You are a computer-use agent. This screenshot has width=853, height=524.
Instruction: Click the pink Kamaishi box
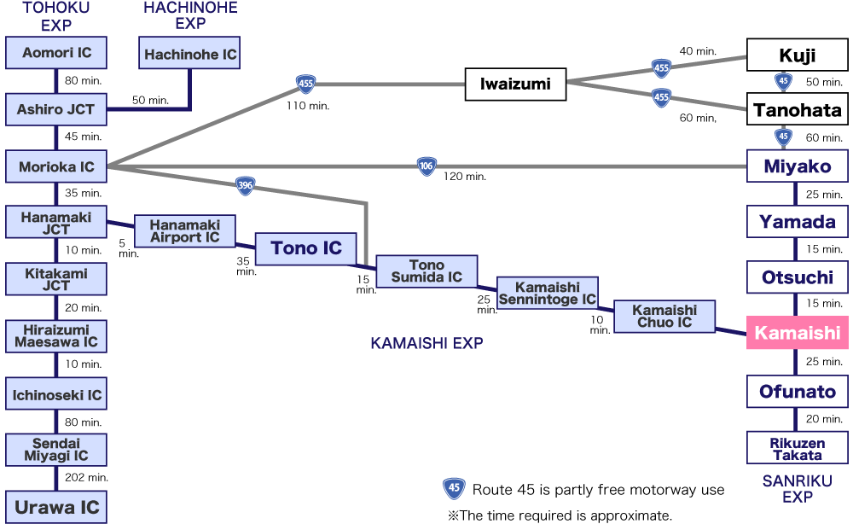tap(797, 332)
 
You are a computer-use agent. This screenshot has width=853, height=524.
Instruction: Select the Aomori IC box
tap(56, 53)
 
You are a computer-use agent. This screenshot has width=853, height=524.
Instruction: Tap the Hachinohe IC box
tap(190, 55)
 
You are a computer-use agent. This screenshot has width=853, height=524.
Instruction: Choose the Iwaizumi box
tap(515, 84)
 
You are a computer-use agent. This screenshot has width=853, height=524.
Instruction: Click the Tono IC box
tap(305, 248)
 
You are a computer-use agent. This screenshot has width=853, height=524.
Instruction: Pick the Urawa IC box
tap(56, 507)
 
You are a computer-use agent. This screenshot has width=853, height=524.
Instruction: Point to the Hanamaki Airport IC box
tap(184, 231)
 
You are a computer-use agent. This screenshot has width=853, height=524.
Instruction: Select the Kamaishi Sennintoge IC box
tap(547, 294)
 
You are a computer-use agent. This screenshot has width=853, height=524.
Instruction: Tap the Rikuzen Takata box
tap(797, 449)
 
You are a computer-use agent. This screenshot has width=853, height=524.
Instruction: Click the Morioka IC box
tap(56, 167)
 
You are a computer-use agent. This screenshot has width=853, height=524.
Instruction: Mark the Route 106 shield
tap(426, 166)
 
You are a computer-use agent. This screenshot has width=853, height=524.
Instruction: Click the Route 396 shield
tap(246, 185)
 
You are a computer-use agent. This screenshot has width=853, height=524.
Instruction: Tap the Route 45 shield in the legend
tap(454, 489)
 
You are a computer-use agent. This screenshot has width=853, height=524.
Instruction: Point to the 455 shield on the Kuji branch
tap(661, 67)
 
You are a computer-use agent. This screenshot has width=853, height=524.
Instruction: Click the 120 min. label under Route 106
tap(464, 177)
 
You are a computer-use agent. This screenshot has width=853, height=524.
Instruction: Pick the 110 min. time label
tap(308, 106)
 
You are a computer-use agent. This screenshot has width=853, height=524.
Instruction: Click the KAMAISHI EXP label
tap(426, 343)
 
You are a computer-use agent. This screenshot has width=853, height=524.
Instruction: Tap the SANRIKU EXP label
tap(797, 489)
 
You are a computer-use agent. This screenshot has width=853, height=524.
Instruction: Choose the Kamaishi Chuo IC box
tap(665, 317)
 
